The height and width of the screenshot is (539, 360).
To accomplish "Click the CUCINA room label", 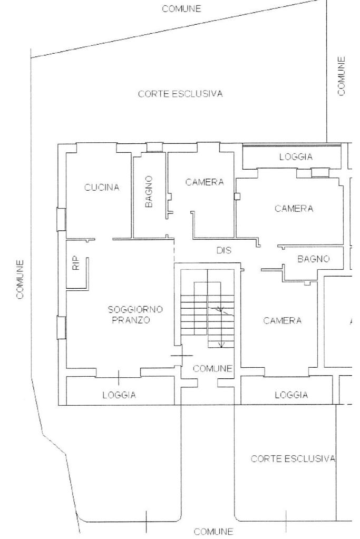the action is click(102, 188).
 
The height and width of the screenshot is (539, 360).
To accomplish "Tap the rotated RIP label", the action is click(75, 263).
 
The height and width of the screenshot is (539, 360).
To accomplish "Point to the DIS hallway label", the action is click(224, 251).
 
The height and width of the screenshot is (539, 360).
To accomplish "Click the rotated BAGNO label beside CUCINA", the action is click(149, 191).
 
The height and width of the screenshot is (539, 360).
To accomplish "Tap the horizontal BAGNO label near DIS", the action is click(313, 259).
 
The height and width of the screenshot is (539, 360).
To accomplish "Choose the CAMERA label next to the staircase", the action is click(283, 320).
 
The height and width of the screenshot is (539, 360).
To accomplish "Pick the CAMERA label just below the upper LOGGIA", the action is click(294, 209).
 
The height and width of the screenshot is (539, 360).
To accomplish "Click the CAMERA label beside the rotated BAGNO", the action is click(205, 182).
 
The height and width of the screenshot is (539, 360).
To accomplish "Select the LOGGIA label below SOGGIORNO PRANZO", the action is click(119, 395).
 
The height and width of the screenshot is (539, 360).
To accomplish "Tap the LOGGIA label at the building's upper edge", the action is click(296, 156).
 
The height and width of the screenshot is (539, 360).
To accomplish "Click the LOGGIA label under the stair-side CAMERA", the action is click(291, 395).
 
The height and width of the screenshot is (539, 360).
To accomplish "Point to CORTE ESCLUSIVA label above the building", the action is click(180, 94).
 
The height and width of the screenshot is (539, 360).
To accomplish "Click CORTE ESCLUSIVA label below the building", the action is click(293, 458).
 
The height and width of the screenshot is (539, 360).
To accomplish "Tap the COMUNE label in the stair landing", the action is click(212, 368).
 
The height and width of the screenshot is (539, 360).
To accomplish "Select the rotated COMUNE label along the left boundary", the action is click(20, 279).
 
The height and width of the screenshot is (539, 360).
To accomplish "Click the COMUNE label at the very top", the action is click(181, 8).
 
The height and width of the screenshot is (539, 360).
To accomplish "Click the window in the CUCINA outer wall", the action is click(61, 219).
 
